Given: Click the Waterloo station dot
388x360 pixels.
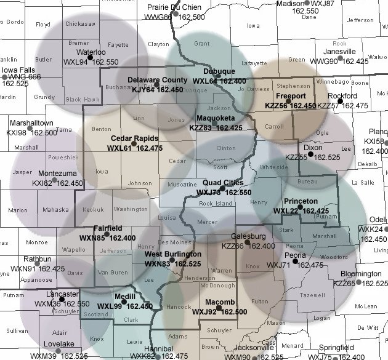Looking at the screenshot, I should (89, 57).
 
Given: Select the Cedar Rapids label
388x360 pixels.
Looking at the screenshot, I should (134, 139).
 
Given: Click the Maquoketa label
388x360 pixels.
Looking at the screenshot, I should (216, 119).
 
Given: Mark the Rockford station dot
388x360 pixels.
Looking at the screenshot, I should (339, 100).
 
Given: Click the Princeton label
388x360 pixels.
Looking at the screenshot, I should (301, 202).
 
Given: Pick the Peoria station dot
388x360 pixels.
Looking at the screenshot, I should (296, 261).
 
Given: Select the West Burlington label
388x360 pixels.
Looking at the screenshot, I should (172, 254).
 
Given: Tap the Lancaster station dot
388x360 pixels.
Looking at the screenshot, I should (61, 299).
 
